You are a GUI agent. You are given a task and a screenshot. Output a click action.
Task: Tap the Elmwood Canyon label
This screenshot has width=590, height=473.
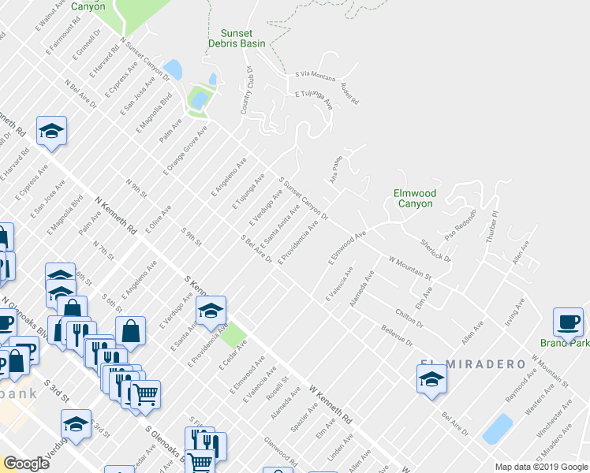pyautogui.click(x=415, y=198)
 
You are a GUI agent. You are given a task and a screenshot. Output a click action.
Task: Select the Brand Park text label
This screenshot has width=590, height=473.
pyautogui.click(x=565, y=343)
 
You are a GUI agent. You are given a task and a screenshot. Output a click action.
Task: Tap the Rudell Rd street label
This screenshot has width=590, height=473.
pyautogui.click(x=349, y=95)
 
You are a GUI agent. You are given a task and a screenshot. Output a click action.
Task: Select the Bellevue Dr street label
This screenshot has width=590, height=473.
pyautogui.click(x=397, y=335)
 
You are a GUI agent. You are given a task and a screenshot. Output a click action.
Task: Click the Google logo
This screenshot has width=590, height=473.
pyautogui.click(x=26, y=463)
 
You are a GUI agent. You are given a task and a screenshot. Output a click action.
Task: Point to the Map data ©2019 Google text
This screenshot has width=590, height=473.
pyautogui.click(x=540, y=467)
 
